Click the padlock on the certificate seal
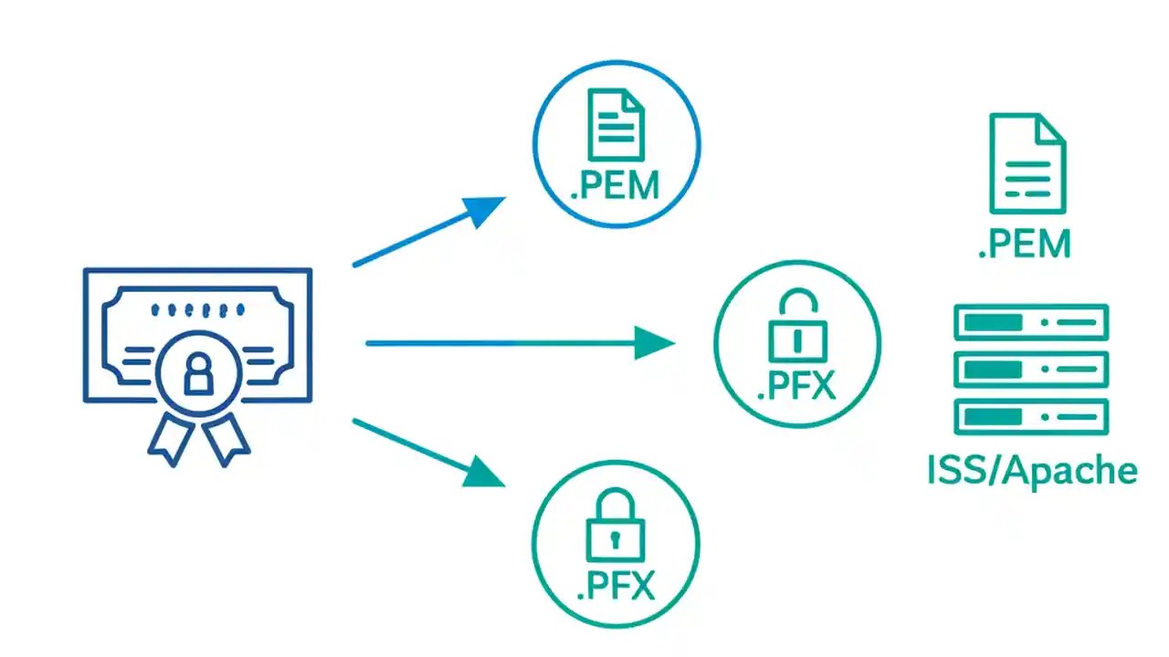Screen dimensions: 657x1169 coord(197,374)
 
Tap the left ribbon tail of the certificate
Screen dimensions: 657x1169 coord(171,438)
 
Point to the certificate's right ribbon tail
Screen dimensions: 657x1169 coord(226,438)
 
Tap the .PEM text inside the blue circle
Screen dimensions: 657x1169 coord(615,185)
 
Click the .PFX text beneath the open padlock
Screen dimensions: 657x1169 coord(796,386)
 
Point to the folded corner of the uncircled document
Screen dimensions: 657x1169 coord(1051,129)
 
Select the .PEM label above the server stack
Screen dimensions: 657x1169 coord(1024,245)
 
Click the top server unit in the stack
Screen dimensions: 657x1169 coord(1031,322)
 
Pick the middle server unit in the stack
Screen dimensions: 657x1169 coord(1031,369)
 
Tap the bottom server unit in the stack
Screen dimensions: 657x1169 coord(1031,416)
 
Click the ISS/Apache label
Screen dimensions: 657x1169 coord(1032,471)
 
